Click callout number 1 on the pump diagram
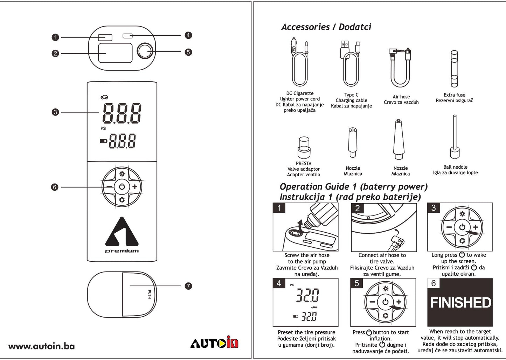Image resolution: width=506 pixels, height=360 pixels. pyautogui.click(x=55, y=37)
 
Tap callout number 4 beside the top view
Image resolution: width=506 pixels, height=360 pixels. pyautogui.click(x=188, y=35)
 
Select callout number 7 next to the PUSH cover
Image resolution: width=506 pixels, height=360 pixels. pyautogui.click(x=188, y=286)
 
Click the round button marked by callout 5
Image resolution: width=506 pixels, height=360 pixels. pyautogui.click(x=145, y=51)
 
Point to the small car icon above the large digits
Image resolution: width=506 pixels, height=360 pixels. pyautogui.click(x=104, y=97)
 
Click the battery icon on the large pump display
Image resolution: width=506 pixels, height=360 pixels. pyautogui.click(x=104, y=141)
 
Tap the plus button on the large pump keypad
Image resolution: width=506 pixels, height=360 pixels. pyautogui.click(x=135, y=186)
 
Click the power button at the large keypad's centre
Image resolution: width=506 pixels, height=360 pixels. pyautogui.click(x=122, y=186)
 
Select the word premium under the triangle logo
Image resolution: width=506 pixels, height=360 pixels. pyautogui.click(x=122, y=251)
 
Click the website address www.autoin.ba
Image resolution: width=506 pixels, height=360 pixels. pyautogui.click(x=41, y=346)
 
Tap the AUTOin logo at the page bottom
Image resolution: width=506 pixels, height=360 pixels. pyautogui.click(x=214, y=343)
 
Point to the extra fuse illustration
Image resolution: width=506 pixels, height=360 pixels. pyautogui.click(x=454, y=69)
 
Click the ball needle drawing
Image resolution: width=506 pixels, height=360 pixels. pyautogui.click(x=455, y=137)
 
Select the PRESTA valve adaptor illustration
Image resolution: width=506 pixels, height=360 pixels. pyautogui.click(x=304, y=147)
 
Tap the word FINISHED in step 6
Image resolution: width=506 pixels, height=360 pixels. pyautogui.click(x=460, y=303)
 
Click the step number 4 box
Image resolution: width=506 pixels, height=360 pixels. pyautogui.click(x=279, y=283)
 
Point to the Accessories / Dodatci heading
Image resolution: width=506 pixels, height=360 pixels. pyautogui.click(x=326, y=27)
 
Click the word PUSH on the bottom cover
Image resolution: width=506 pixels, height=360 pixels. pyautogui.click(x=149, y=294)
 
